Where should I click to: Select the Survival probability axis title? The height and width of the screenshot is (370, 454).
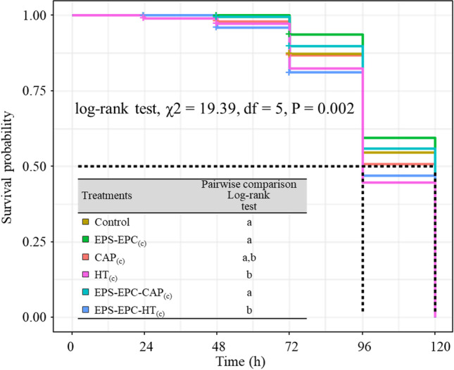click(12, 166)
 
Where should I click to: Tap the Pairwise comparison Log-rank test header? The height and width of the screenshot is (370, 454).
click(248, 196)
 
